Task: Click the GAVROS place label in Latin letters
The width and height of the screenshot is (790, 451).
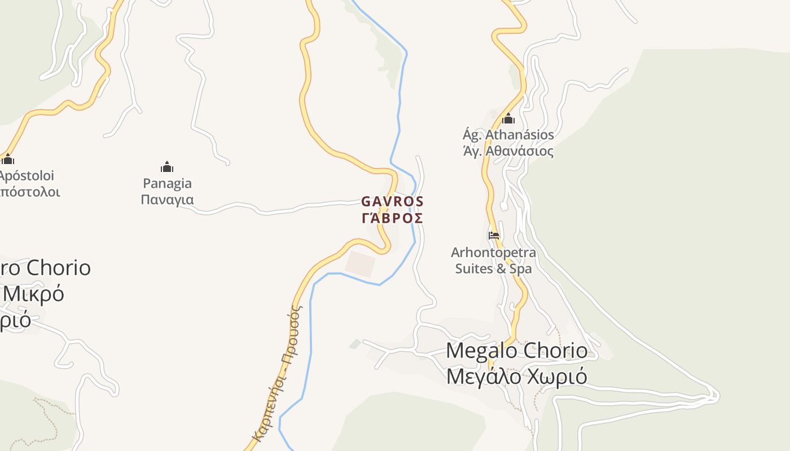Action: click(392, 201)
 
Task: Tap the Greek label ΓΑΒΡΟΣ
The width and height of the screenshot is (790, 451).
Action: click(392, 218)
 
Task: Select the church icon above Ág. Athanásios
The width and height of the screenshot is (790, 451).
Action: click(508, 118)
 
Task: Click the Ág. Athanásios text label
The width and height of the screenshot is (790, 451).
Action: click(508, 135)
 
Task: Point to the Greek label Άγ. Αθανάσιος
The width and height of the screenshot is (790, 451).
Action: click(508, 151)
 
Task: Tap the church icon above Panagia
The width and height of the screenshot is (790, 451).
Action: click(167, 167)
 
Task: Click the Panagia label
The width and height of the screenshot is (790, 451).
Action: click(167, 183)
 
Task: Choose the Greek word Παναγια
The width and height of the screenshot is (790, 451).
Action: click(167, 200)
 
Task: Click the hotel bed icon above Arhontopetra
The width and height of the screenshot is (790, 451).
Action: click(494, 235)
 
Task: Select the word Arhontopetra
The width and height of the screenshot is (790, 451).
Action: click(494, 252)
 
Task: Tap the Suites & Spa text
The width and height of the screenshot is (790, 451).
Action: click(494, 268)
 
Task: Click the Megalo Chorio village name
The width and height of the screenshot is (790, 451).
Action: click(516, 351)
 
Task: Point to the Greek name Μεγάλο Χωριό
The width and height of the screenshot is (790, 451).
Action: click(516, 377)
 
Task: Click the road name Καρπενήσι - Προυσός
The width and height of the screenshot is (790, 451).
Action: click(276, 372)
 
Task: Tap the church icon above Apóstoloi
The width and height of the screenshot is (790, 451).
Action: click(8, 160)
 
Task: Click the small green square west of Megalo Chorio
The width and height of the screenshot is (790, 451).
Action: click(355, 344)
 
